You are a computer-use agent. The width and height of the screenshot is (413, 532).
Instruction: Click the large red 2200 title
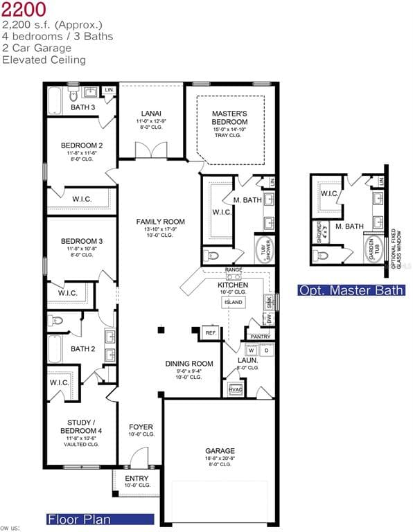[x=24, y=10]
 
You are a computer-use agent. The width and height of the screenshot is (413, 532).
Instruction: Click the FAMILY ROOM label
[x=160, y=221]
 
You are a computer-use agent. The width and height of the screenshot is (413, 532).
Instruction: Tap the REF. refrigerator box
[x=211, y=333]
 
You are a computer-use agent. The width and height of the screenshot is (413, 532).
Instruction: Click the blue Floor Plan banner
[x=99, y=519]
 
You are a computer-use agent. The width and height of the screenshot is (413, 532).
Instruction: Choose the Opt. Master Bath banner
[x=351, y=290]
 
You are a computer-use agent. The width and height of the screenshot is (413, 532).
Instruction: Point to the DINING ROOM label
[x=188, y=364]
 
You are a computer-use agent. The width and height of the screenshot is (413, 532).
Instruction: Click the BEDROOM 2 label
[x=82, y=145]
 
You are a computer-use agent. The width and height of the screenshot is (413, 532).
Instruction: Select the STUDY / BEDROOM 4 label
[x=81, y=427]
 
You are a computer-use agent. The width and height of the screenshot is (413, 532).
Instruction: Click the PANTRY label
[x=261, y=337]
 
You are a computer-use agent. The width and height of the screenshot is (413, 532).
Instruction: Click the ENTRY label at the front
[x=137, y=479]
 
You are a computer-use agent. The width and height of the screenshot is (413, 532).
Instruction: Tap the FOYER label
[x=141, y=427]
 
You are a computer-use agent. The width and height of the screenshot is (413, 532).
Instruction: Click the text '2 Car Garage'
[x=37, y=48]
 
